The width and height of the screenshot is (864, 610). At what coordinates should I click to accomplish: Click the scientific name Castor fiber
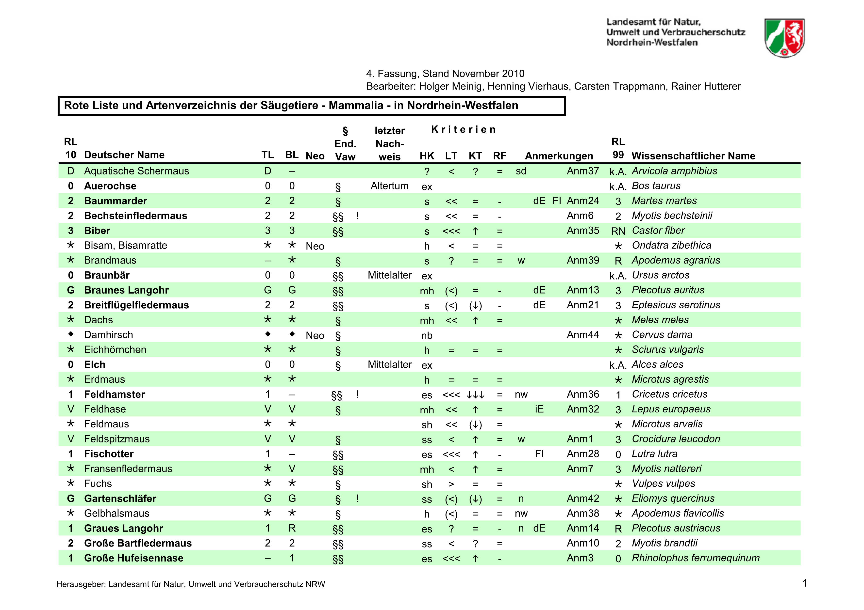[658, 230]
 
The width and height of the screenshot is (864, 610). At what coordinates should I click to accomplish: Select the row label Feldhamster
[114, 394]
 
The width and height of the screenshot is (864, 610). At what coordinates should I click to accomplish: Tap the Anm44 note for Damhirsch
[582, 334]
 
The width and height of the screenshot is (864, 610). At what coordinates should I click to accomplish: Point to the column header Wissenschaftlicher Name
[693, 156]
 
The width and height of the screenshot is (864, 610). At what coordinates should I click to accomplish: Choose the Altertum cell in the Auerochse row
[389, 186]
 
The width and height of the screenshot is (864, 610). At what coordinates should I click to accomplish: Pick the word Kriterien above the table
[463, 130]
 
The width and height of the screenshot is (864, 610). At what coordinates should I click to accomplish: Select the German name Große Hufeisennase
[133, 558]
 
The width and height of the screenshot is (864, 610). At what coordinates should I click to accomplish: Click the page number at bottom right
[804, 583]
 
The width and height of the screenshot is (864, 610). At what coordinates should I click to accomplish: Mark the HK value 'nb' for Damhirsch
[427, 335]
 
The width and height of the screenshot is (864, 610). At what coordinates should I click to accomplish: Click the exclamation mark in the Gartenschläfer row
[357, 498]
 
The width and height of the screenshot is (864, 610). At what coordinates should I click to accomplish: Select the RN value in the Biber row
[618, 231]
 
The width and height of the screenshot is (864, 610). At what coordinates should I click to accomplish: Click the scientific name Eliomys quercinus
[673, 498]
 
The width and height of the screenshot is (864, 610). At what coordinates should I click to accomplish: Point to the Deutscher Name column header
[124, 155]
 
